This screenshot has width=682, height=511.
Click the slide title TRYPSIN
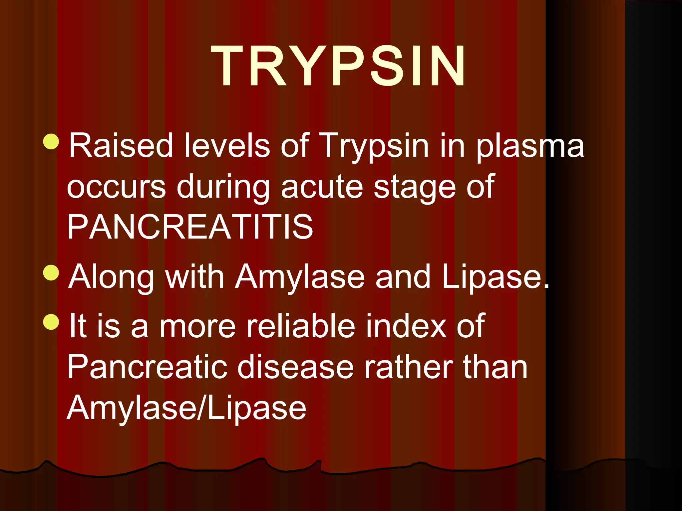click(338, 67)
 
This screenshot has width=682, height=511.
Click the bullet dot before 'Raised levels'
click(51, 141)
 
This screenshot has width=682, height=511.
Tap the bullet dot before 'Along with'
click(51, 272)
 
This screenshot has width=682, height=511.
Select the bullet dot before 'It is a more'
click(51, 321)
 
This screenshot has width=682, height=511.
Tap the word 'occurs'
click(116, 187)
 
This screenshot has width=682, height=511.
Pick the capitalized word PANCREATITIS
click(190, 227)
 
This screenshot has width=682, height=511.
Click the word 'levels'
click(227, 145)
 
